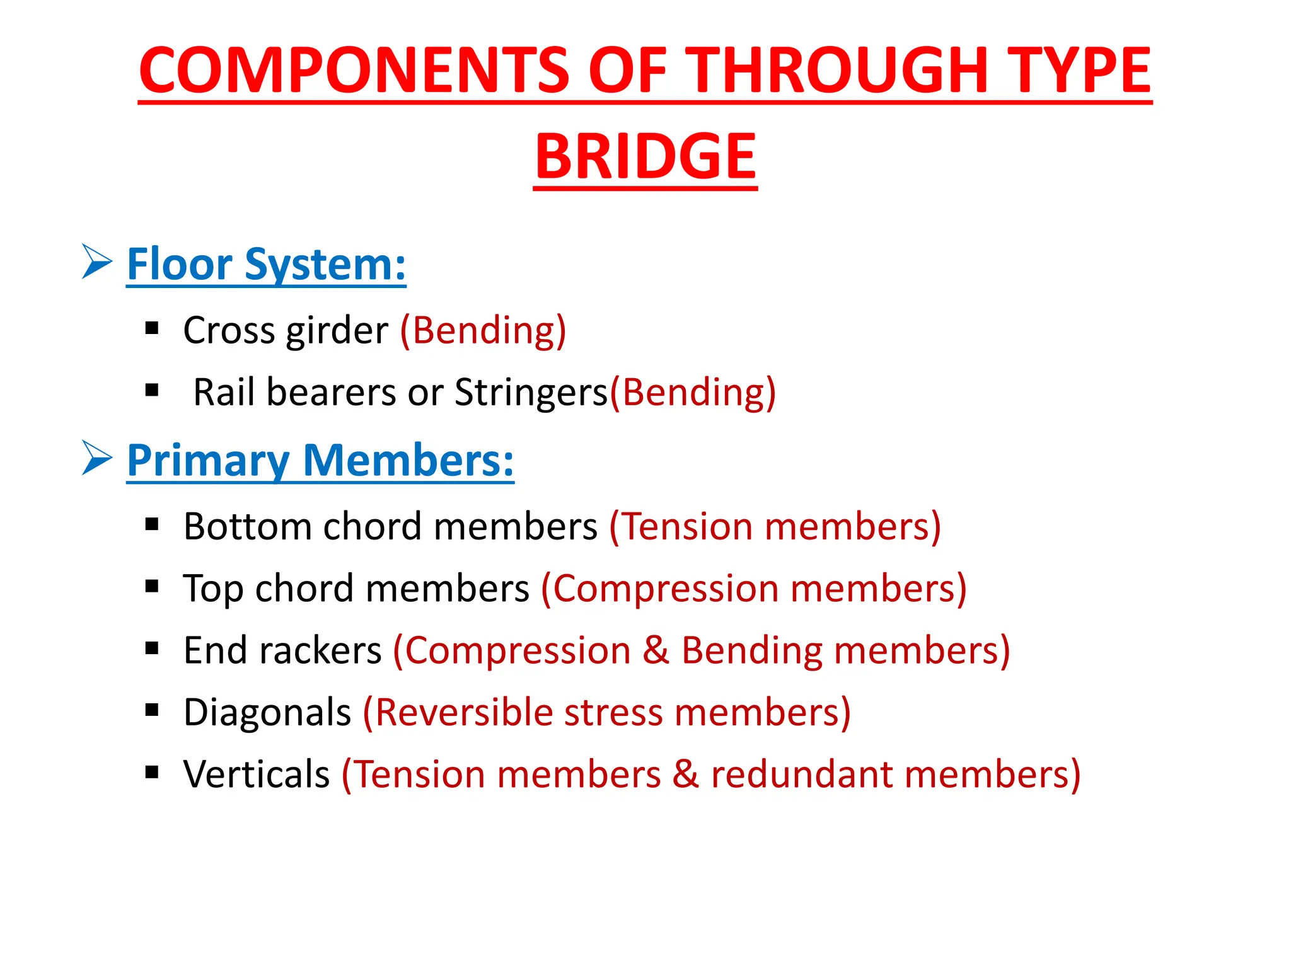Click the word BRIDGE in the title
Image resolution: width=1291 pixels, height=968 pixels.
tap(645, 156)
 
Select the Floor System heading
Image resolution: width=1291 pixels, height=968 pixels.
tap(266, 264)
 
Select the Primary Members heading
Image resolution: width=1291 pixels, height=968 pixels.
tap(320, 460)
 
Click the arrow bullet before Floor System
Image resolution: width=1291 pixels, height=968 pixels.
tap(97, 262)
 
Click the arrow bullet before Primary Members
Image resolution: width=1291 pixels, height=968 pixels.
tap(97, 458)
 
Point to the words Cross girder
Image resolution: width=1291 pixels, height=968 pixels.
tap(286, 330)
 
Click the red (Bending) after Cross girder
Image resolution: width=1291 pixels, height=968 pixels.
tap(483, 330)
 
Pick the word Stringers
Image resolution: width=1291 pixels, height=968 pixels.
tap(531, 393)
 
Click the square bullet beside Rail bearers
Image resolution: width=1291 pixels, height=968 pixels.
tap(151, 391)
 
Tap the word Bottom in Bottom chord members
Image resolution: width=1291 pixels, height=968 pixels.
tap(247, 526)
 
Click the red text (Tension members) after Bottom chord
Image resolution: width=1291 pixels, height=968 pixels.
tap(775, 526)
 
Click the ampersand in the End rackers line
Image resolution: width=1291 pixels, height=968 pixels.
tap(656, 650)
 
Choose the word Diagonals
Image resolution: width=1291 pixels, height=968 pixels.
tap(267, 713)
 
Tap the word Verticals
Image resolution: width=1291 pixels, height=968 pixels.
tap(257, 775)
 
